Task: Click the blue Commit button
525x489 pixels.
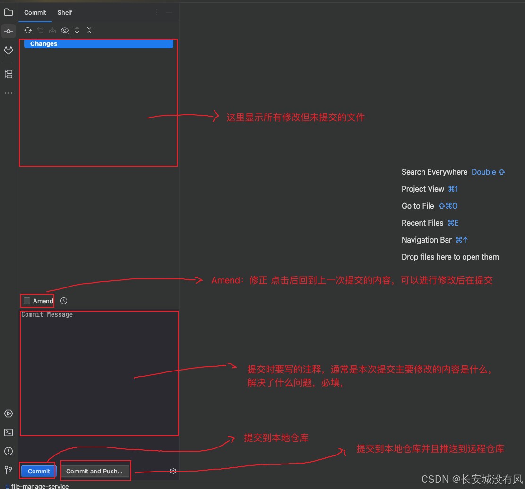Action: tap(39, 471)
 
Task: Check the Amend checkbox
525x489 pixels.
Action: tap(27, 301)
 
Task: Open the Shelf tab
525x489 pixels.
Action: tap(65, 12)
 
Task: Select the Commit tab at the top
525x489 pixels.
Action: tap(35, 12)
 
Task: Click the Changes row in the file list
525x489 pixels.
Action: tap(43, 44)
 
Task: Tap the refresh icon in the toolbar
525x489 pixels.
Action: tap(28, 30)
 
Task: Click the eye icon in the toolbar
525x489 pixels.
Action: tap(65, 30)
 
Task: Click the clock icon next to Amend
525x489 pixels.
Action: tap(64, 301)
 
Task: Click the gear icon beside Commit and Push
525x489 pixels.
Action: tap(173, 471)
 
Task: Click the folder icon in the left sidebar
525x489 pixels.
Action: tap(9, 12)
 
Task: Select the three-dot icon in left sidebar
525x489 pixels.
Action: tap(9, 93)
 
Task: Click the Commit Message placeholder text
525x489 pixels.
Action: tap(47, 315)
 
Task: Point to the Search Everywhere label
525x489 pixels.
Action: tap(434, 172)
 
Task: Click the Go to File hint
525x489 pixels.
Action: tap(418, 206)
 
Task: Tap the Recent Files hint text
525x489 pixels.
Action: tap(422, 223)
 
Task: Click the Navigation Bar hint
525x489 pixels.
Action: tap(426, 240)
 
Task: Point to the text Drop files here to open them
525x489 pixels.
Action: tap(450, 257)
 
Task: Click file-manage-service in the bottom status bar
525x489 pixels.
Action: tap(40, 486)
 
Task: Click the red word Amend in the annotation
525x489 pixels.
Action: tap(225, 280)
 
